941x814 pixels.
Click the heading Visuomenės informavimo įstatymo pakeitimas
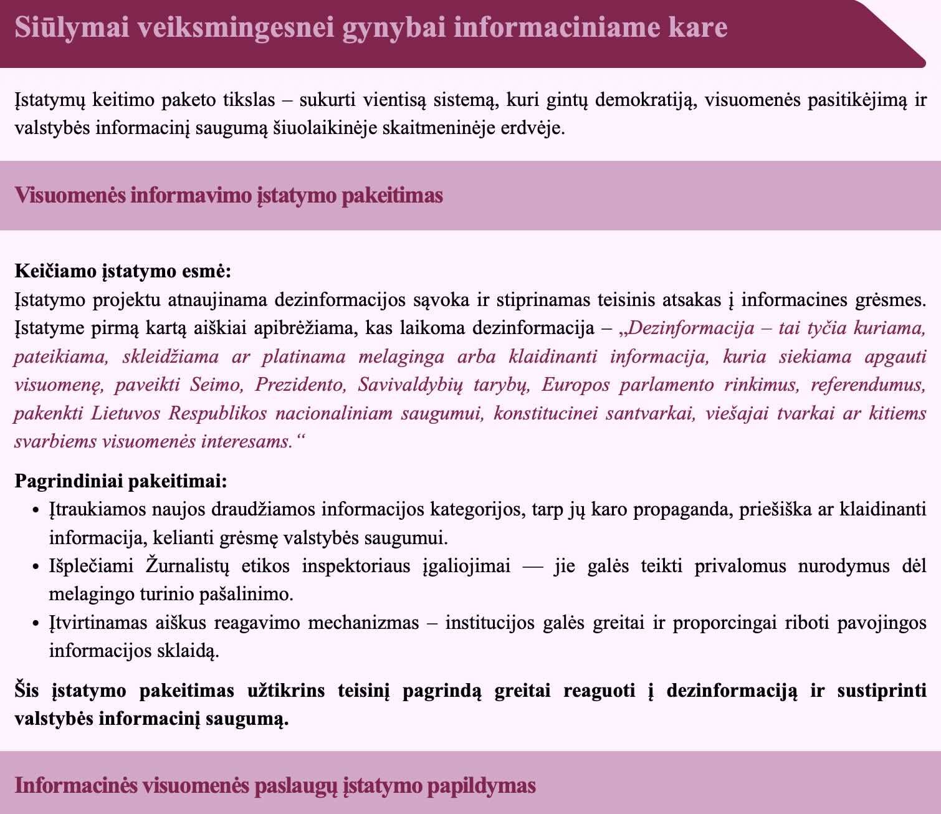(x=229, y=196)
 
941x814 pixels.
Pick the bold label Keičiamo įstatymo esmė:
(x=123, y=272)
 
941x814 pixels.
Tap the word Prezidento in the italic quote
(x=300, y=385)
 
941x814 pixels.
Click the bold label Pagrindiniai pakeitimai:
(x=121, y=481)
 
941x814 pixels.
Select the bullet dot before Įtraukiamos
(x=36, y=510)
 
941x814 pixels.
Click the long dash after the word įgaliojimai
(x=532, y=567)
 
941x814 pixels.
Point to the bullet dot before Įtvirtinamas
(x=36, y=624)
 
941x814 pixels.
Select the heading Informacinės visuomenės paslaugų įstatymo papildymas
(x=275, y=785)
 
